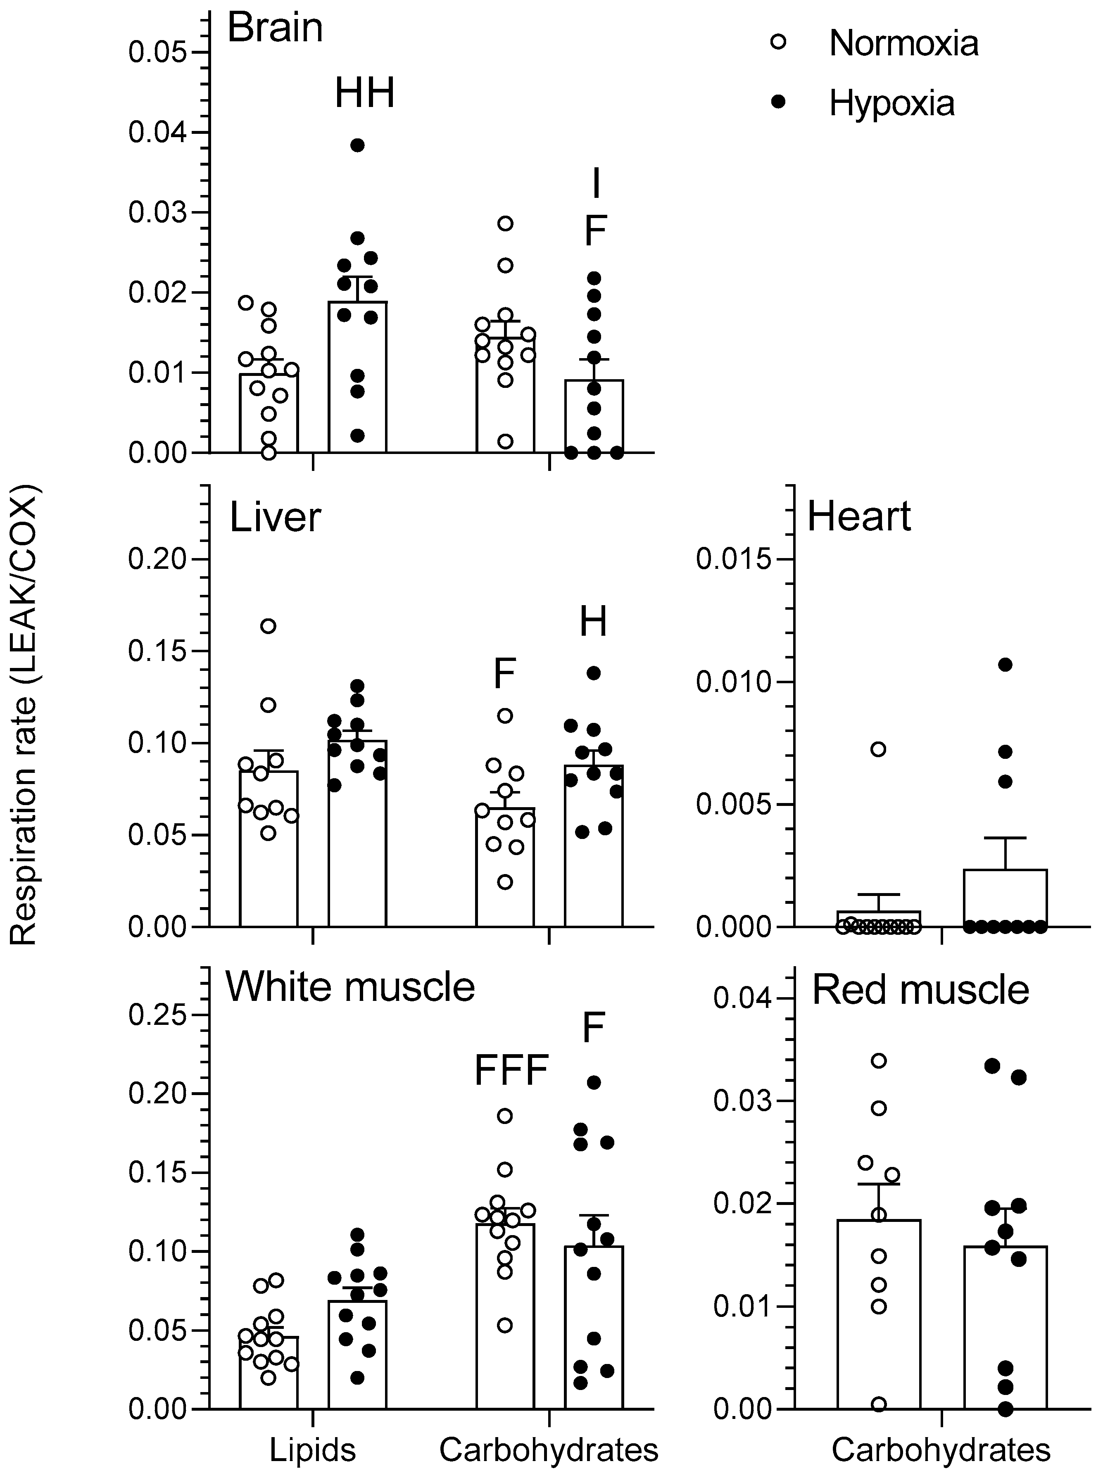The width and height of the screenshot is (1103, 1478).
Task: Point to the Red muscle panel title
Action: point(920,990)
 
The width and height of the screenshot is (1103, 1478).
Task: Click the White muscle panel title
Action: point(350,987)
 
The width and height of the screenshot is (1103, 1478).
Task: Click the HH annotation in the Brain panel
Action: point(364,93)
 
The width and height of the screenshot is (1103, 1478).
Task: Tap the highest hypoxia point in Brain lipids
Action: point(358,145)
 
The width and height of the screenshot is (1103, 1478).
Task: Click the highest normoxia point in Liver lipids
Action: point(269,625)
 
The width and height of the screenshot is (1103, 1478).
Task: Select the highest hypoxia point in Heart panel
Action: point(1005,664)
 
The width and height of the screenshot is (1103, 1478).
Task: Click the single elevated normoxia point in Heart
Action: point(879,749)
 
